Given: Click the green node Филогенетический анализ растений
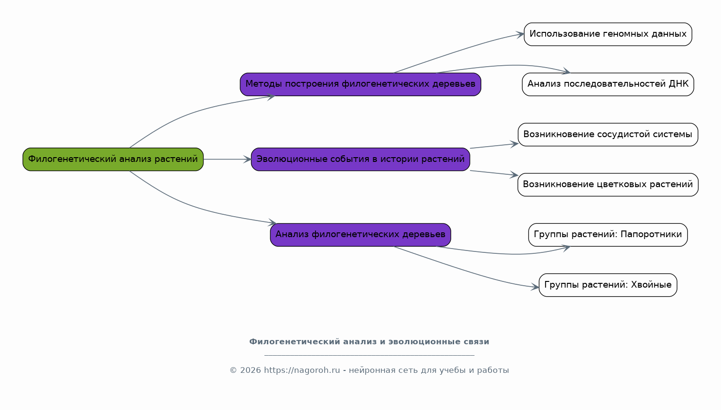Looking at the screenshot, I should (113, 159).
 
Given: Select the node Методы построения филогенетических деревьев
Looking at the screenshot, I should (360, 84).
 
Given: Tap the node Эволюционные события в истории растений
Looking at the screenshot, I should (360, 159).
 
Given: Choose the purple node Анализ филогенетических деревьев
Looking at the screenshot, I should (360, 235).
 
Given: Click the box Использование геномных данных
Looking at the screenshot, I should (608, 34).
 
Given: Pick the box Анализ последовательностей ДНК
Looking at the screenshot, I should (608, 84).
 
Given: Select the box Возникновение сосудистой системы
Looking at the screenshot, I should (608, 135).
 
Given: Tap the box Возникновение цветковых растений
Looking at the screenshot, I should (608, 185).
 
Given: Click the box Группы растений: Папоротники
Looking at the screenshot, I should (608, 235).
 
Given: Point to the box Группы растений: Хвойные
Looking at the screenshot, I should (608, 285).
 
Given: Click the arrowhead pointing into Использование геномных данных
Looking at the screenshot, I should (520, 34).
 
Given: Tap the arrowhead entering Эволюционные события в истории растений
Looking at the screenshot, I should (247, 159).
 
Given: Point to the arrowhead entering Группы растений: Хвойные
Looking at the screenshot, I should (535, 287).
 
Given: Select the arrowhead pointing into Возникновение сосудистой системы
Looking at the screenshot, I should (515, 143).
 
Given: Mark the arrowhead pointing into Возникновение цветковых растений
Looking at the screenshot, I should (515, 175).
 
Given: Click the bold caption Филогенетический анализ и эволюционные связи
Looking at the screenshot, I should (369, 342).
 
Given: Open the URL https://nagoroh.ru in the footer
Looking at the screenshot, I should (302, 370).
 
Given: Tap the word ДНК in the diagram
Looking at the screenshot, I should (679, 84).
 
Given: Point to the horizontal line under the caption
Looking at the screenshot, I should (369, 355).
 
